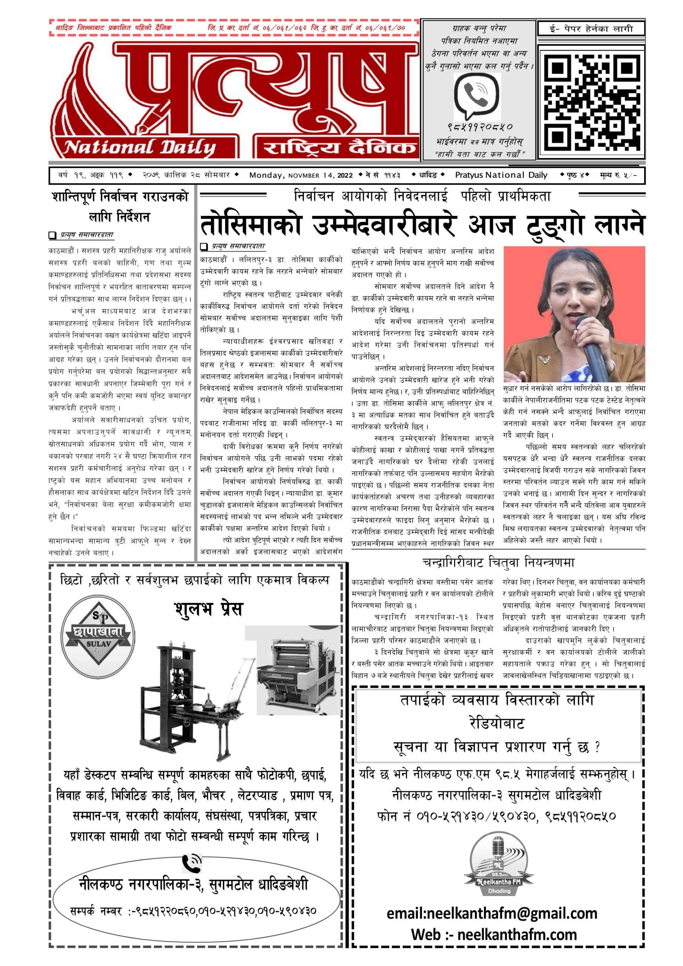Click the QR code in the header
click(591, 99)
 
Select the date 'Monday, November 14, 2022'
click(301, 175)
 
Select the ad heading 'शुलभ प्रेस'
click(209, 609)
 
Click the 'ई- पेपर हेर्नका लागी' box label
click(591, 29)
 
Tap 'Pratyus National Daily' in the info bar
click(501, 175)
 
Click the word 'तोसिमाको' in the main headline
click(251, 225)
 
